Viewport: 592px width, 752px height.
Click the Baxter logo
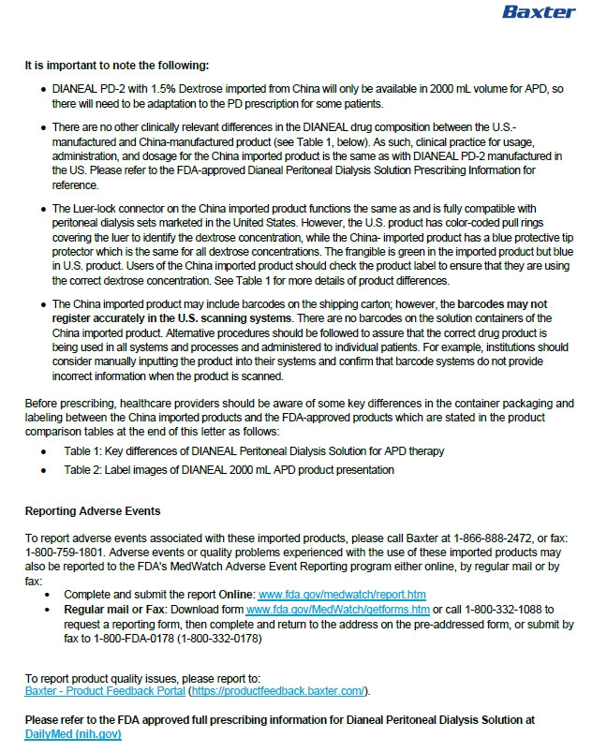coord(538,13)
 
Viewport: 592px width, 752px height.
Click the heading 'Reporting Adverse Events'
coord(93,511)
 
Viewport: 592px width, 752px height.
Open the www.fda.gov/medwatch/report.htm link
coord(342,594)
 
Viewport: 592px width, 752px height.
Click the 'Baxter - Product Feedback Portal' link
coord(105,691)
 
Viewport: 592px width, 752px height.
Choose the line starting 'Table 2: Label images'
coord(229,469)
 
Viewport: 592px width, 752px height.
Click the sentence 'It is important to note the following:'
coord(117,66)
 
